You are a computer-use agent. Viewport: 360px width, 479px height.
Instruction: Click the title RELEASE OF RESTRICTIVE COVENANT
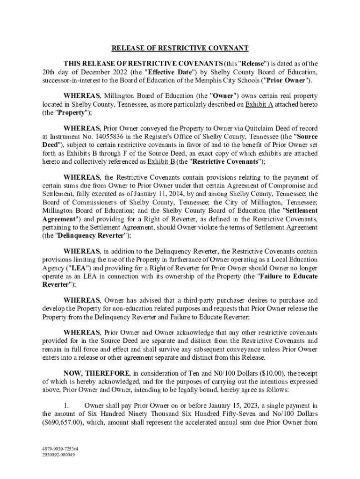(180, 48)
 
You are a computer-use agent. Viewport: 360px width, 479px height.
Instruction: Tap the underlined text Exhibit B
(161, 162)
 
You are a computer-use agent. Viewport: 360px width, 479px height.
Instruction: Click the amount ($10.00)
(249, 373)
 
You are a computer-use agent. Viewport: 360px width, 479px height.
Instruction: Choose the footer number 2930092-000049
(58, 455)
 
